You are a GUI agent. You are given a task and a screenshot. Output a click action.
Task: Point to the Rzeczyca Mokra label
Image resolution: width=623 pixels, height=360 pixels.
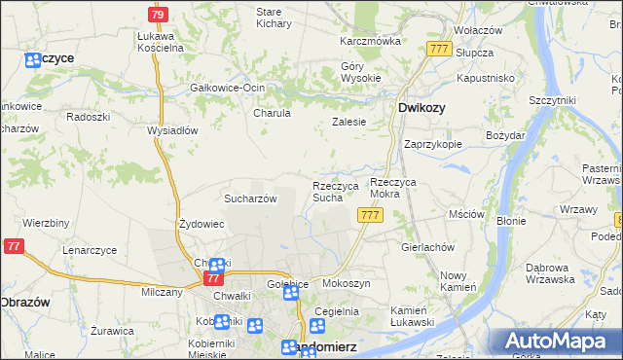coord(399,188)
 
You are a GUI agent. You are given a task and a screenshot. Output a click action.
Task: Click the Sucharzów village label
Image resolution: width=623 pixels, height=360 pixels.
coord(251,198)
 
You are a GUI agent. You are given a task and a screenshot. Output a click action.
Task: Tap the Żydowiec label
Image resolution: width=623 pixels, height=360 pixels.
coord(202,224)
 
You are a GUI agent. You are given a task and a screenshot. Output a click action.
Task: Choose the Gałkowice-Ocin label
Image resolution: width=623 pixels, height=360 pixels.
coord(228,89)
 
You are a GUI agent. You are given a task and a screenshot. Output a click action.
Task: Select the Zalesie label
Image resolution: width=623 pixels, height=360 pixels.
coord(348,123)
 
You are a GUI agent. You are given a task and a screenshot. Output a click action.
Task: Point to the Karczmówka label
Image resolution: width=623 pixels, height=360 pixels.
coord(370,42)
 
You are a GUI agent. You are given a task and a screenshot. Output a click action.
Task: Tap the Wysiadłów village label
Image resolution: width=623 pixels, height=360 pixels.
coord(172,130)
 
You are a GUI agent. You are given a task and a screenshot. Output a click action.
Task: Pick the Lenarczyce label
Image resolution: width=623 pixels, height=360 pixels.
coord(90,250)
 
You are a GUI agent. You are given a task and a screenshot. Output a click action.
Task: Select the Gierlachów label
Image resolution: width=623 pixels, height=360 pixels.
coord(428,247)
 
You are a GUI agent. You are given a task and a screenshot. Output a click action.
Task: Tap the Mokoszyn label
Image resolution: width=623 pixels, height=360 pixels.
coord(347,283)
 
